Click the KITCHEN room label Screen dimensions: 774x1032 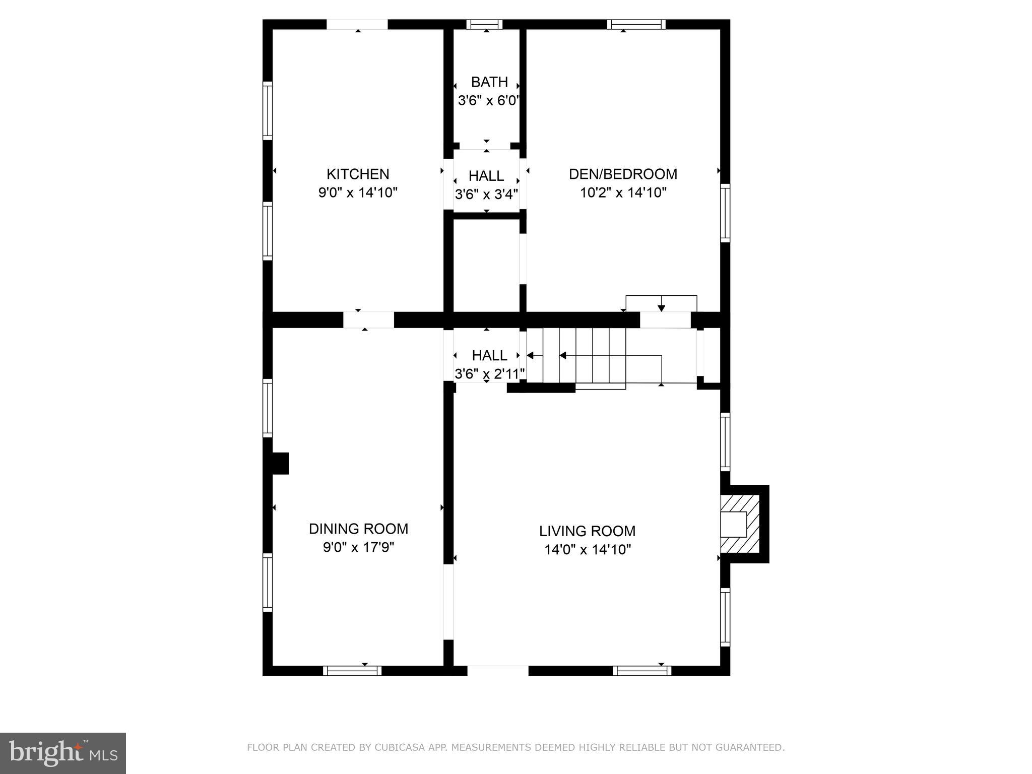coord(358,174)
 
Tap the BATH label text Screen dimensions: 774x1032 coord(489,82)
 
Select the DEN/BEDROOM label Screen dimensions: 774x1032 coord(623,174)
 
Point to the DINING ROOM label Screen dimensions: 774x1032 coord(358,529)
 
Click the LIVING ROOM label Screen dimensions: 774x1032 coord(587,531)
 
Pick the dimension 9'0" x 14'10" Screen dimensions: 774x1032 coord(358,192)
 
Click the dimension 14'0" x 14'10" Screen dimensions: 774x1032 coord(587,549)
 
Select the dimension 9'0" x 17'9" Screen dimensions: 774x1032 coord(358,547)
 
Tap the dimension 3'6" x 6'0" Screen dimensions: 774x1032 coord(488,100)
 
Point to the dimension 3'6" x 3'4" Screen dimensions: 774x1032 coord(486,194)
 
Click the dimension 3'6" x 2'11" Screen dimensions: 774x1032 coord(489,373)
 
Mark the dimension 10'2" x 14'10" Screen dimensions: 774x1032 coord(623,192)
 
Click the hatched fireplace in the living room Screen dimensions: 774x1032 coord(740,524)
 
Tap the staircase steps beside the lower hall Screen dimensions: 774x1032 coord(577,355)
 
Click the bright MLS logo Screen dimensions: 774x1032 coord(62,753)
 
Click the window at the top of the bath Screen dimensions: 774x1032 coord(484,24)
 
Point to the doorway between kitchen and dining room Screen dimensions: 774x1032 coord(368,320)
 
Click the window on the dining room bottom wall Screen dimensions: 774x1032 coord(352,670)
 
